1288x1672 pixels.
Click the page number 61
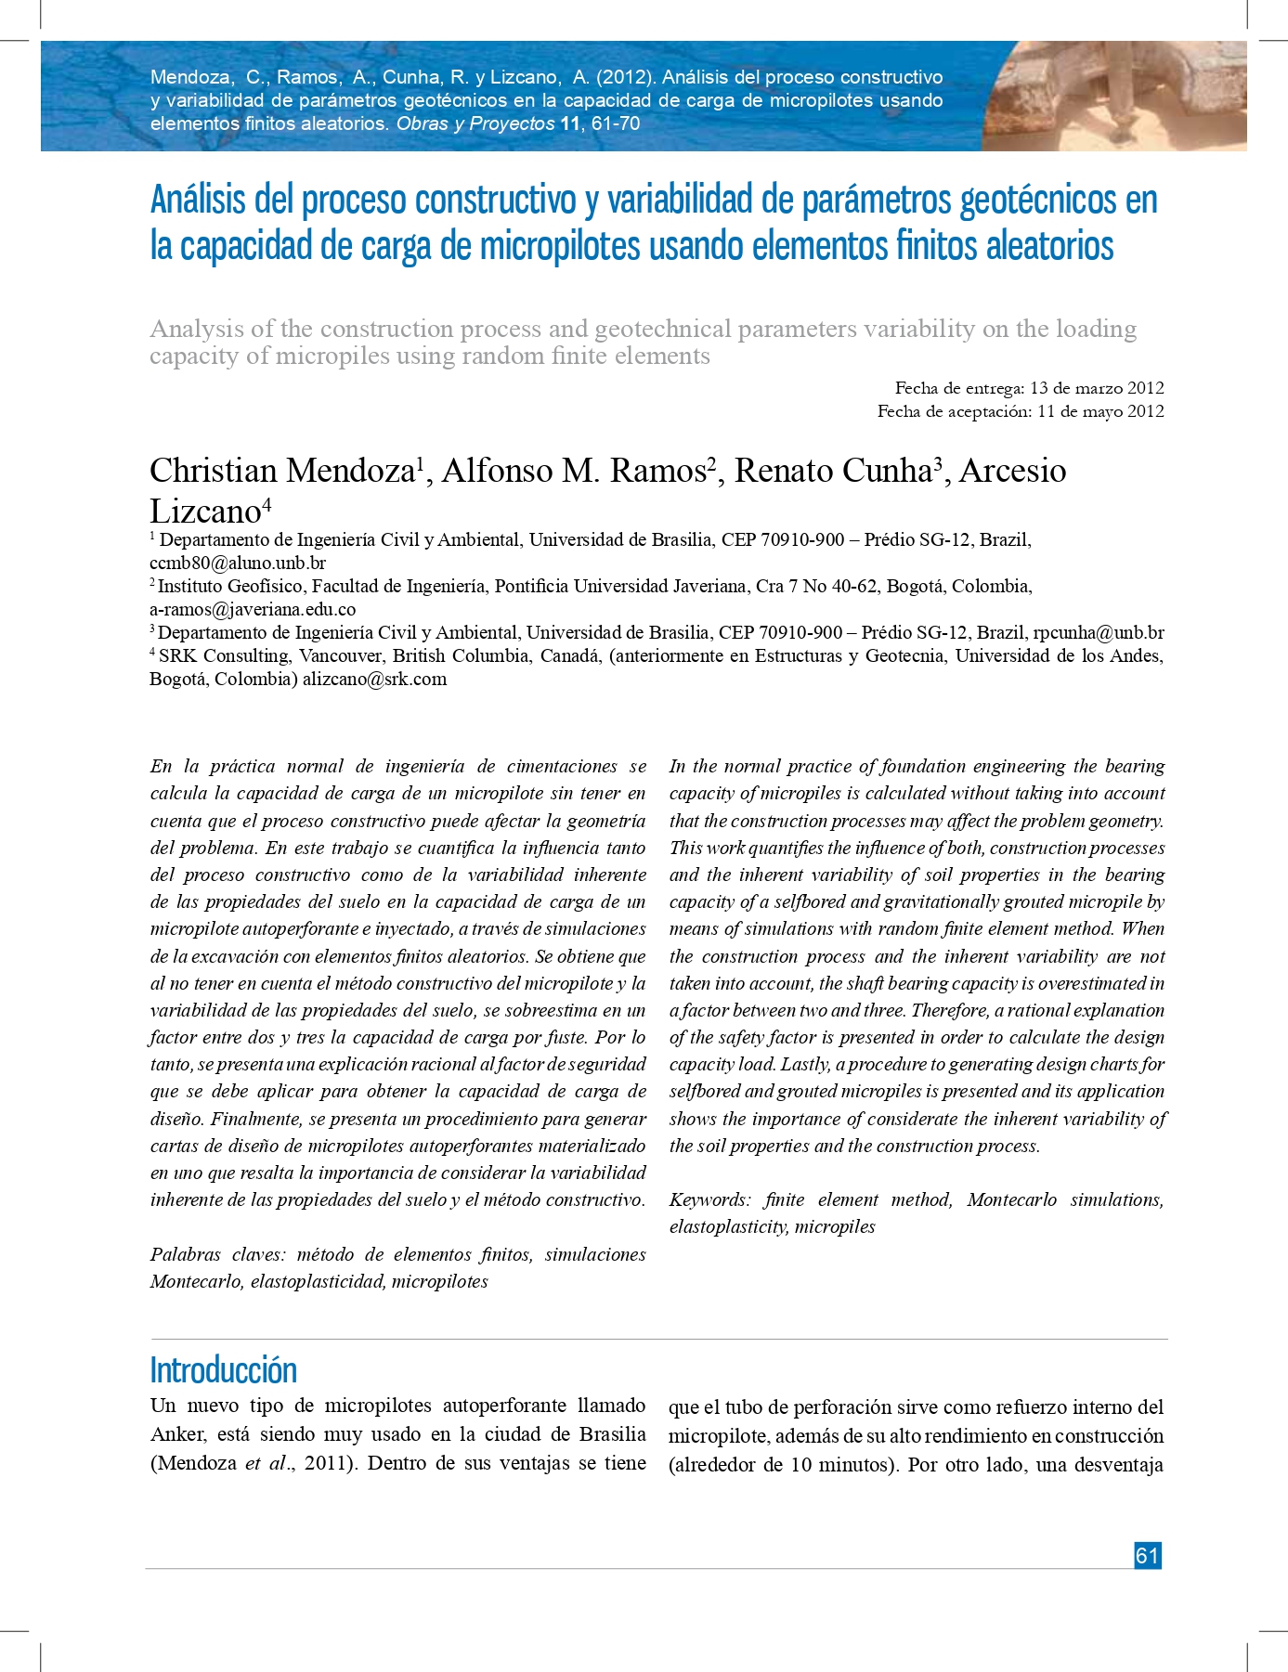[1148, 1555]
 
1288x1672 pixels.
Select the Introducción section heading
[223, 1370]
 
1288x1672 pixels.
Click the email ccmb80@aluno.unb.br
[238, 563]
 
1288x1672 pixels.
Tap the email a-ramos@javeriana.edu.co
[253, 609]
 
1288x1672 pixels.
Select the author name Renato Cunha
[833, 471]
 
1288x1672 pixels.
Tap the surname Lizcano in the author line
[205, 512]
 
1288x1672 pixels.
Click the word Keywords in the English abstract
[709, 1199]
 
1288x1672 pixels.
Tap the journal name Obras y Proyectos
[475, 123]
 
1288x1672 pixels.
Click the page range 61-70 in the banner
[616, 123]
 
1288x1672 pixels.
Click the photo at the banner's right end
[1113, 96]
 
